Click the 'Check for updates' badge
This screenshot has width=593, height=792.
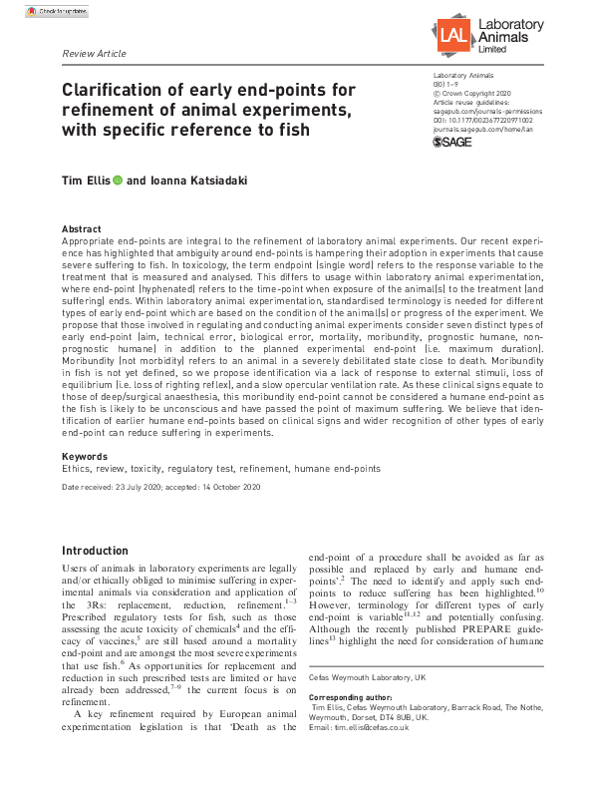[x=47, y=11]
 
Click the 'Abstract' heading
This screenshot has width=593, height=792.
[x=81, y=228]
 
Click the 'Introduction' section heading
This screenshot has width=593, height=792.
[x=95, y=551]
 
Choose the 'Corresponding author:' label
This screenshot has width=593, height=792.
[x=355, y=696]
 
